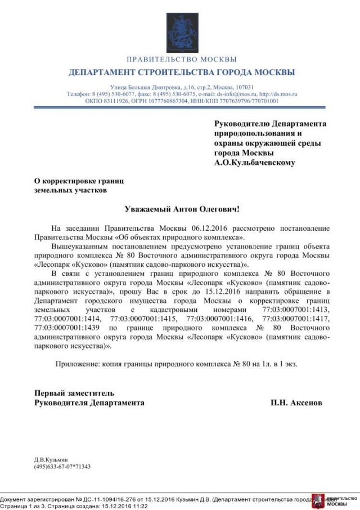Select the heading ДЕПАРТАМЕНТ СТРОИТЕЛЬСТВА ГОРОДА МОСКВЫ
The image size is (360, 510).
[181, 73]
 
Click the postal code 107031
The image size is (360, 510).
[243, 88]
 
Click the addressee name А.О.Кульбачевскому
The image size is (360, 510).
[254, 163]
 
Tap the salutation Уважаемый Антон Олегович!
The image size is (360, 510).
[182, 209]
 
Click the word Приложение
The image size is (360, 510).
[77, 364]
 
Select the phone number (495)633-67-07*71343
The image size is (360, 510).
[62, 467]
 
